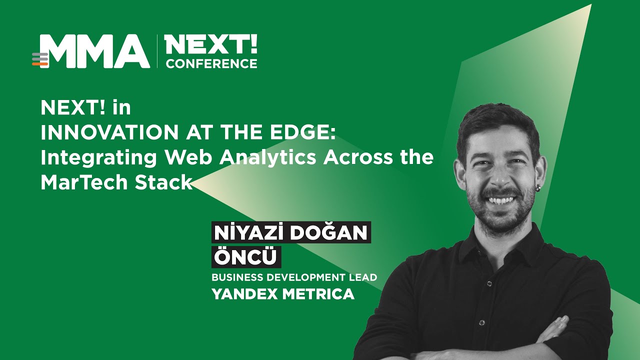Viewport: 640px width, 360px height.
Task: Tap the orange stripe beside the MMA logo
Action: click(x=40, y=64)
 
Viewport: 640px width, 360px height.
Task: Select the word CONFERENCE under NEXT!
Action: click(x=211, y=63)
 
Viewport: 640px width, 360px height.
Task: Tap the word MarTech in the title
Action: click(x=84, y=182)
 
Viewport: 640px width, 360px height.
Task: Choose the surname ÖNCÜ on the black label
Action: click(x=245, y=257)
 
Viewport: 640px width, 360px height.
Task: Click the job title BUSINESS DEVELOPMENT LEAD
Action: click(x=294, y=277)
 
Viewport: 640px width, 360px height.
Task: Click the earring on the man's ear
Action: click(x=538, y=189)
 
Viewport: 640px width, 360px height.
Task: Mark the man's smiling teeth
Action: click(x=500, y=200)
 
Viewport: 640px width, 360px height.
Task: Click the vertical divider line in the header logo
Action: click(x=157, y=51)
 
